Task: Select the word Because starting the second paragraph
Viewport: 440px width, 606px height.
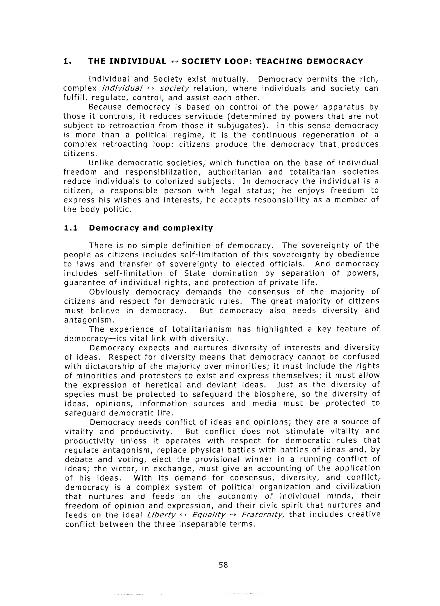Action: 105,107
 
